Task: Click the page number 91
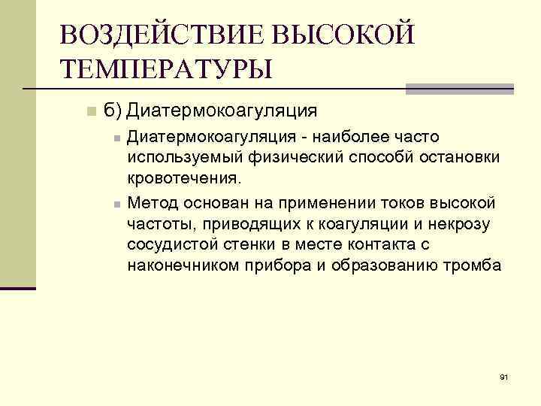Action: pos(504,377)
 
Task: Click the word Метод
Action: pos(151,202)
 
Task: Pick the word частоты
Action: pos(156,223)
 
